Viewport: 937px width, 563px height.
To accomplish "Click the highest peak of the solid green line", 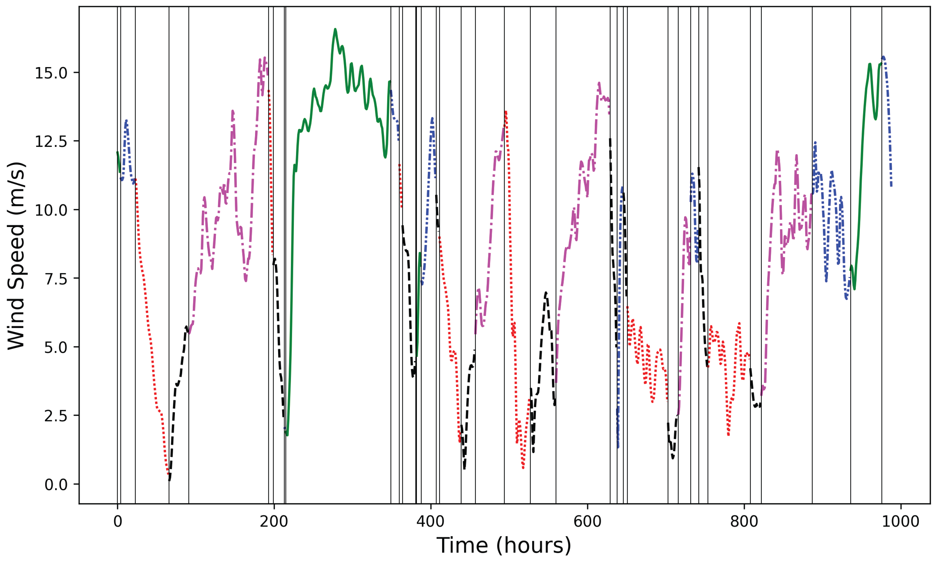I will point(335,29).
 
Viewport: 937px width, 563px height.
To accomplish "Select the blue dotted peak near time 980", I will point(884,57).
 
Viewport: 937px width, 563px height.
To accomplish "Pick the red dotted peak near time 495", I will point(506,112).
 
